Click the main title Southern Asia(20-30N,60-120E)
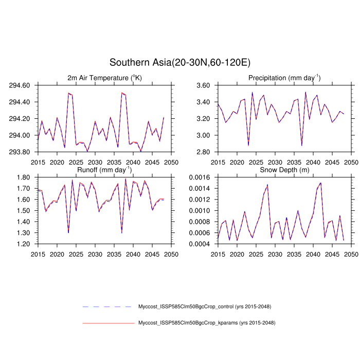(179, 62)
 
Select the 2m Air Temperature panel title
(104, 78)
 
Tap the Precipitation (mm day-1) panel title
(284, 78)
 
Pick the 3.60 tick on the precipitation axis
(204, 85)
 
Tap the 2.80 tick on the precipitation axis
(204, 152)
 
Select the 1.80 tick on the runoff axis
(24, 177)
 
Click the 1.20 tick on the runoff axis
(24, 244)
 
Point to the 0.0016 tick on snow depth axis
(201, 177)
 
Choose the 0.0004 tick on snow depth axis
(201, 244)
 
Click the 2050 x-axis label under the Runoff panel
(171, 254)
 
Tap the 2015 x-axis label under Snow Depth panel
(218, 254)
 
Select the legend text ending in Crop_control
(205, 307)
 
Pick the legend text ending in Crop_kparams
(206, 323)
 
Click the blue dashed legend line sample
(108, 307)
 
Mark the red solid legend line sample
(108, 323)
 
